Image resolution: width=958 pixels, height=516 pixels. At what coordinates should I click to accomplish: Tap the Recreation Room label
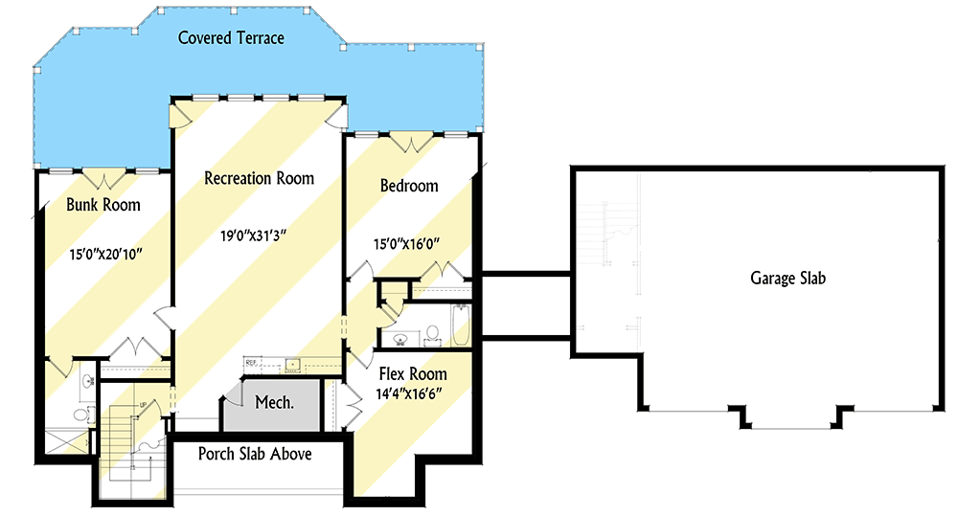pyautogui.click(x=259, y=178)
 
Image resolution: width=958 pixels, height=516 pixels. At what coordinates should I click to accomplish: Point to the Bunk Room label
pyautogui.click(x=103, y=205)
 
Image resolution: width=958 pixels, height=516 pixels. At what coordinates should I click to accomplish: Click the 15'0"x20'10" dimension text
pyautogui.click(x=104, y=256)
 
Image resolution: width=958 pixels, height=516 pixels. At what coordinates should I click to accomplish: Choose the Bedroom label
pyautogui.click(x=409, y=186)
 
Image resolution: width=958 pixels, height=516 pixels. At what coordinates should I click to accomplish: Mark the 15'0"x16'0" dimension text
pyautogui.click(x=412, y=244)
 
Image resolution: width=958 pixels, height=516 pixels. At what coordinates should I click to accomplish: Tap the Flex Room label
pyautogui.click(x=412, y=373)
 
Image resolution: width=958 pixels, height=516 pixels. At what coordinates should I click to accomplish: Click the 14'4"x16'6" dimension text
pyautogui.click(x=412, y=393)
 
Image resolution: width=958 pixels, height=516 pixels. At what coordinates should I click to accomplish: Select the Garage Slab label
pyautogui.click(x=787, y=279)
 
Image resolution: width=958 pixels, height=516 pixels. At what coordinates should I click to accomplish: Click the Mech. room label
pyautogui.click(x=273, y=402)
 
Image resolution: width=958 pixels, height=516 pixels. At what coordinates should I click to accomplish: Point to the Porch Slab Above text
pyautogui.click(x=255, y=454)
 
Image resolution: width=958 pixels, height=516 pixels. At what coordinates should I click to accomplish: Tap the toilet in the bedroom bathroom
pyautogui.click(x=431, y=334)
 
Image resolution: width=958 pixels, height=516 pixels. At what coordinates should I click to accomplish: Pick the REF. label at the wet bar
pyautogui.click(x=252, y=362)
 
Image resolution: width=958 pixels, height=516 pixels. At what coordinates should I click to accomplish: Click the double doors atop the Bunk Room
pyautogui.click(x=103, y=178)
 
